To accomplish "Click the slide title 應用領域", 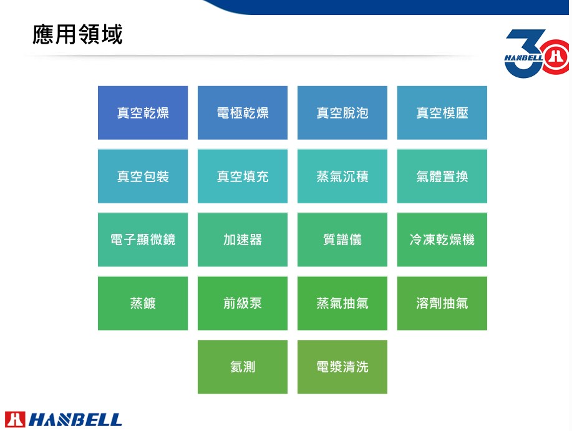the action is pyautogui.click(x=77, y=35).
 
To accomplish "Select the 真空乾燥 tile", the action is pyautogui.click(x=143, y=113).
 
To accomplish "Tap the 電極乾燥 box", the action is pyautogui.click(x=243, y=113).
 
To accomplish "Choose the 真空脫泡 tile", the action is pyautogui.click(x=342, y=113).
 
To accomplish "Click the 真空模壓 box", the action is pyautogui.click(x=442, y=113).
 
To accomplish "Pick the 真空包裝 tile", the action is pyautogui.click(x=143, y=176).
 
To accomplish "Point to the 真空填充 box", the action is pyautogui.click(x=243, y=176).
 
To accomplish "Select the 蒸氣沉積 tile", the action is pyautogui.click(x=342, y=176).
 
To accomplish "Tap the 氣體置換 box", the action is pyautogui.click(x=442, y=176).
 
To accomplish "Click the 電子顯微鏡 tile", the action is pyautogui.click(x=143, y=240).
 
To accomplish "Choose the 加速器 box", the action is pyautogui.click(x=243, y=240).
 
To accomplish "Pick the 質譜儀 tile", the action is pyautogui.click(x=342, y=240).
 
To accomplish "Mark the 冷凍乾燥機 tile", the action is pyautogui.click(x=442, y=240).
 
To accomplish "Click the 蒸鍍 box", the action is pyautogui.click(x=143, y=303).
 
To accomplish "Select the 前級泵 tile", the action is pyautogui.click(x=243, y=303).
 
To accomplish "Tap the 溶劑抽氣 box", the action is pyautogui.click(x=442, y=303).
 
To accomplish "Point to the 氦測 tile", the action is pyautogui.click(x=243, y=367).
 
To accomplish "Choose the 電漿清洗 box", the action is pyautogui.click(x=342, y=367).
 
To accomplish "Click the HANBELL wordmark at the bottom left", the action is pyautogui.click(x=75, y=420).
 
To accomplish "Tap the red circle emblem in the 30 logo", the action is pyautogui.click(x=556, y=57).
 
